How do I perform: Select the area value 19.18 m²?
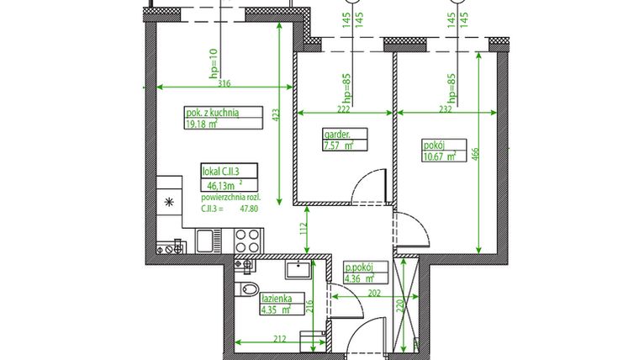pos(201,124)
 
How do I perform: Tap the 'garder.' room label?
pos(336,133)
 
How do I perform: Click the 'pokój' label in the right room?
pos(433,143)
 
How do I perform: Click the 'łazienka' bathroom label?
pos(277,297)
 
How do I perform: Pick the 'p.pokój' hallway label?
pos(365,267)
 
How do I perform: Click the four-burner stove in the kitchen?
pos(247,240)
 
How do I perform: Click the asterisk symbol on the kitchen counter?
pos(169,202)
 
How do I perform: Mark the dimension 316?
pos(223,82)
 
